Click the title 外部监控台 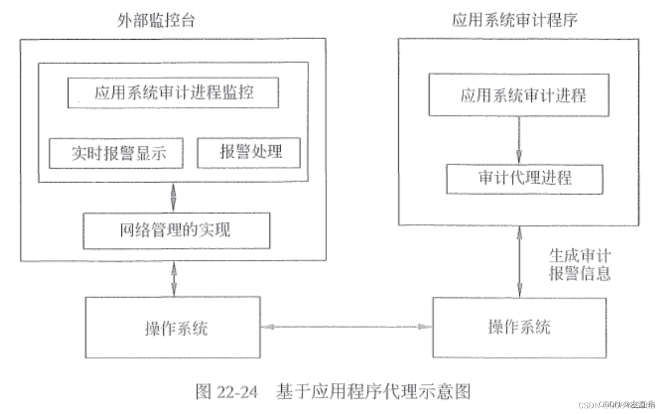point(157,20)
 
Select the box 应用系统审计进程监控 point(173,93)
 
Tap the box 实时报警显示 point(116,153)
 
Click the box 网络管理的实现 point(176,230)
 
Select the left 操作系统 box point(172,328)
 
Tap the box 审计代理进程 point(524,179)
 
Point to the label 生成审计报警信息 point(580,264)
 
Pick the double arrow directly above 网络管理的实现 point(174,197)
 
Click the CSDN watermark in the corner point(615,404)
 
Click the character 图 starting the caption point(203,392)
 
